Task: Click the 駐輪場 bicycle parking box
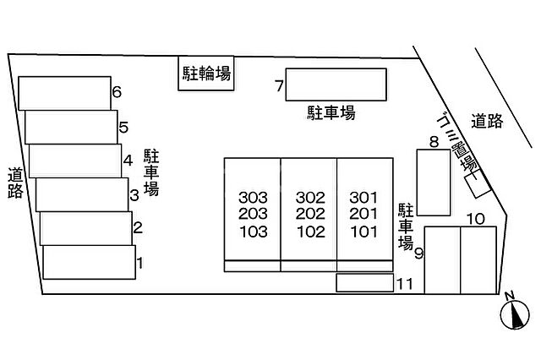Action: (206, 73)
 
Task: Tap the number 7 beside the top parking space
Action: (278, 85)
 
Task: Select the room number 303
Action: (253, 198)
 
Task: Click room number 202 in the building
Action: (310, 214)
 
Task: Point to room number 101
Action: (363, 230)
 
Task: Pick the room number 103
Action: (253, 230)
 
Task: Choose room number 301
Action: (363, 198)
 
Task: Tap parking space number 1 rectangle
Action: (89, 261)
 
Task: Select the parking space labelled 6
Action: (64, 92)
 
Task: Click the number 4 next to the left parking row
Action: (128, 160)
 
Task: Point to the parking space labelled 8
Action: (434, 183)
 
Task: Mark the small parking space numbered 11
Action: (364, 283)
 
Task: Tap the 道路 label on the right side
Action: (489, 121)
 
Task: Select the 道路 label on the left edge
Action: (15, 182)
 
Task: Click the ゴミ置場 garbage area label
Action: (456, 143)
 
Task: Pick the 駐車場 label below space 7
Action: (331, 112)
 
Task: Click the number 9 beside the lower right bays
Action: (418, 253)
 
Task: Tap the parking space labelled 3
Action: (82, 194)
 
